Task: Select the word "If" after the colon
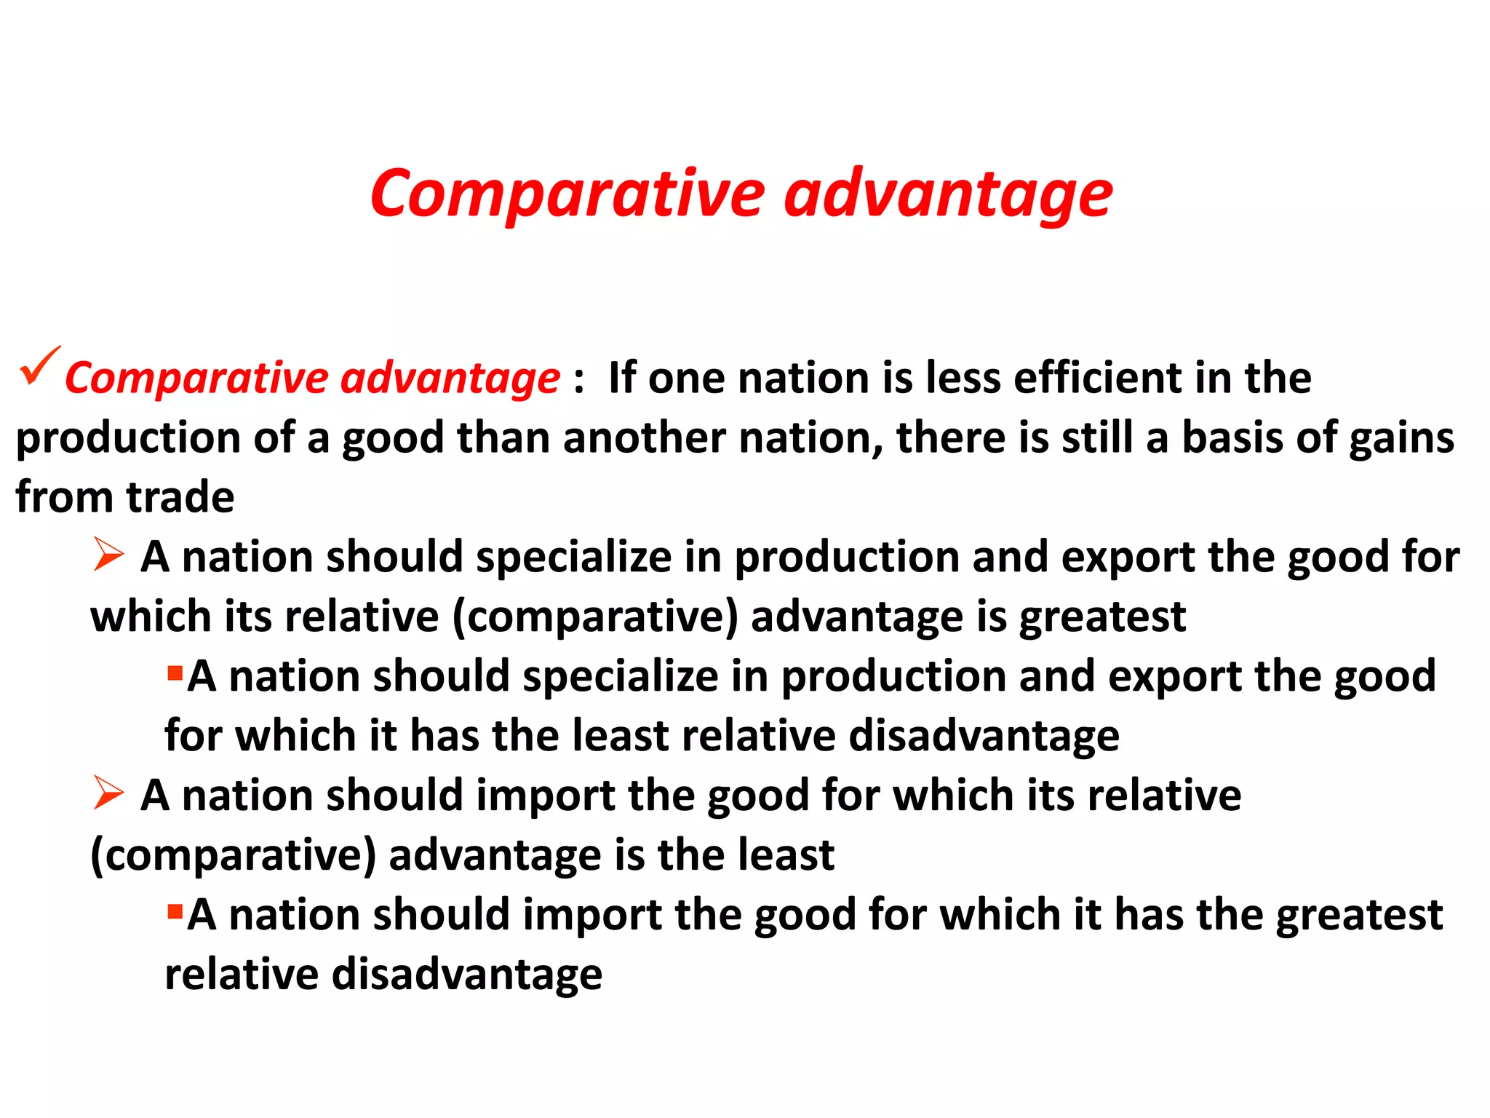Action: (x=621, y=378)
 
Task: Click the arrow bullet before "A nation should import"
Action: (x=108, y=793)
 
